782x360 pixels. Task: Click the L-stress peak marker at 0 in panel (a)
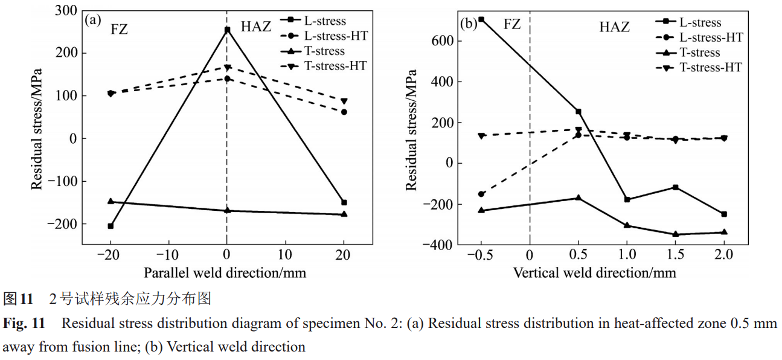[x=227, y=30]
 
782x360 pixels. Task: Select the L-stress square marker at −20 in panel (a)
[x=111, y=226]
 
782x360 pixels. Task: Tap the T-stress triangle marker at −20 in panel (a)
[x=111, y=201]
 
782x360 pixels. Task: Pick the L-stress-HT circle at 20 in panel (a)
[x=344, y=112]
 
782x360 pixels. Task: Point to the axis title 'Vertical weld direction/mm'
[x=595, y=272]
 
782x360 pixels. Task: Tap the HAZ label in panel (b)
[x=614, y=27]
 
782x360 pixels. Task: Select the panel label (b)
[x=469, y=24]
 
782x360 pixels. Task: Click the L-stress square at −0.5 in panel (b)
[x=481, y=19]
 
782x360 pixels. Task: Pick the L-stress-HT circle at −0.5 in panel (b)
[x=481, y=194]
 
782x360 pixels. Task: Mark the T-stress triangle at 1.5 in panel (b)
[x=675, y=234]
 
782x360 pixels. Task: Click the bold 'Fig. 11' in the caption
[x=24, y=324]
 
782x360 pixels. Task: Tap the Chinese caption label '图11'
[x=18, y=298]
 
